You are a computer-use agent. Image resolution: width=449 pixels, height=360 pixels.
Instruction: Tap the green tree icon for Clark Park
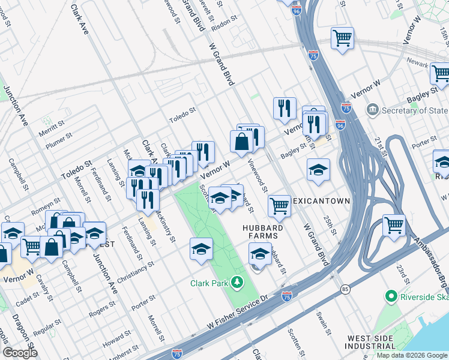(238, 282)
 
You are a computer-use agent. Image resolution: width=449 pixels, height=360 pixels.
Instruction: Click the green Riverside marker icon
(391, 296)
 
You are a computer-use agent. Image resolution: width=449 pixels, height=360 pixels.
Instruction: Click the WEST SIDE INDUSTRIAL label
(370, 342)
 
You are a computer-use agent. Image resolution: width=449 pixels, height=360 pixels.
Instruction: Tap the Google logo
(20, 353)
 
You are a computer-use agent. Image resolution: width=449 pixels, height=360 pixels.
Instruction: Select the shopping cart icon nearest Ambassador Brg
(394, 226)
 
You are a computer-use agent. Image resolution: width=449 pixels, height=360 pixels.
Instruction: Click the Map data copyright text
(412, 355)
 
